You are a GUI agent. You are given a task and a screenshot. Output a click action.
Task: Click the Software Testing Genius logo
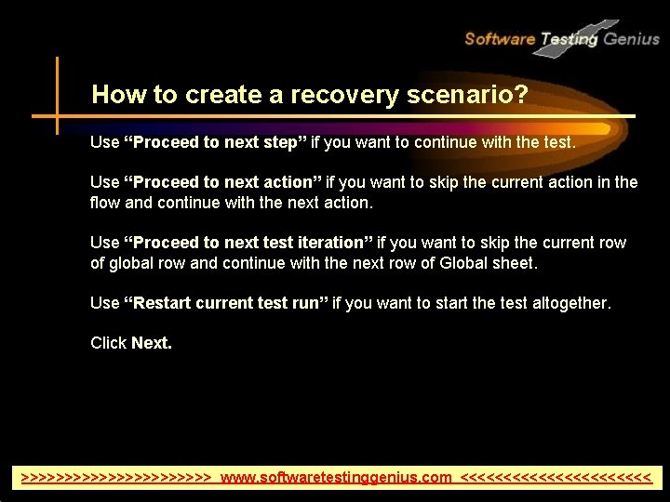[x=561, y=38]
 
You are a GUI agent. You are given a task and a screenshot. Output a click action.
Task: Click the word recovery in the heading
[x=337, y=94]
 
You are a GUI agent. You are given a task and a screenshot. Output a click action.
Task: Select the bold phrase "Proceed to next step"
[x=216, y=143]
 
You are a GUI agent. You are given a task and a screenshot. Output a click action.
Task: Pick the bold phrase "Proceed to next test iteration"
[x=248, y=243]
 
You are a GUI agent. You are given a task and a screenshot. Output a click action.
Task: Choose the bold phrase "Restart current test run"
[x=227, y=303]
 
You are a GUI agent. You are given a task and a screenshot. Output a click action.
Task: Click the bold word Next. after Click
[x=152, y=343]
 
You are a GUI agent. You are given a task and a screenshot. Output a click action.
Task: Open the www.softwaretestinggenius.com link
[x=336, y=478]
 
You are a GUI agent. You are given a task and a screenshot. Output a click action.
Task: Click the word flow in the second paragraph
[x=105, y=203]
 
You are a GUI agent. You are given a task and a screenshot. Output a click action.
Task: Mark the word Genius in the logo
[x=631, y=39]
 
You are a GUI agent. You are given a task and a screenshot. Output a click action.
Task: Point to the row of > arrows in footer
[x=117, y=478]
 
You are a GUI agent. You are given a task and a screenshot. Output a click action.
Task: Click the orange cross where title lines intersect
[x=57, y=116]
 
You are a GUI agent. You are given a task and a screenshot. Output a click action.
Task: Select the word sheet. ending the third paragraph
[x=517, y=263]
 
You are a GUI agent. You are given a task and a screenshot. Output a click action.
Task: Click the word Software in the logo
[x=500, y=39]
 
